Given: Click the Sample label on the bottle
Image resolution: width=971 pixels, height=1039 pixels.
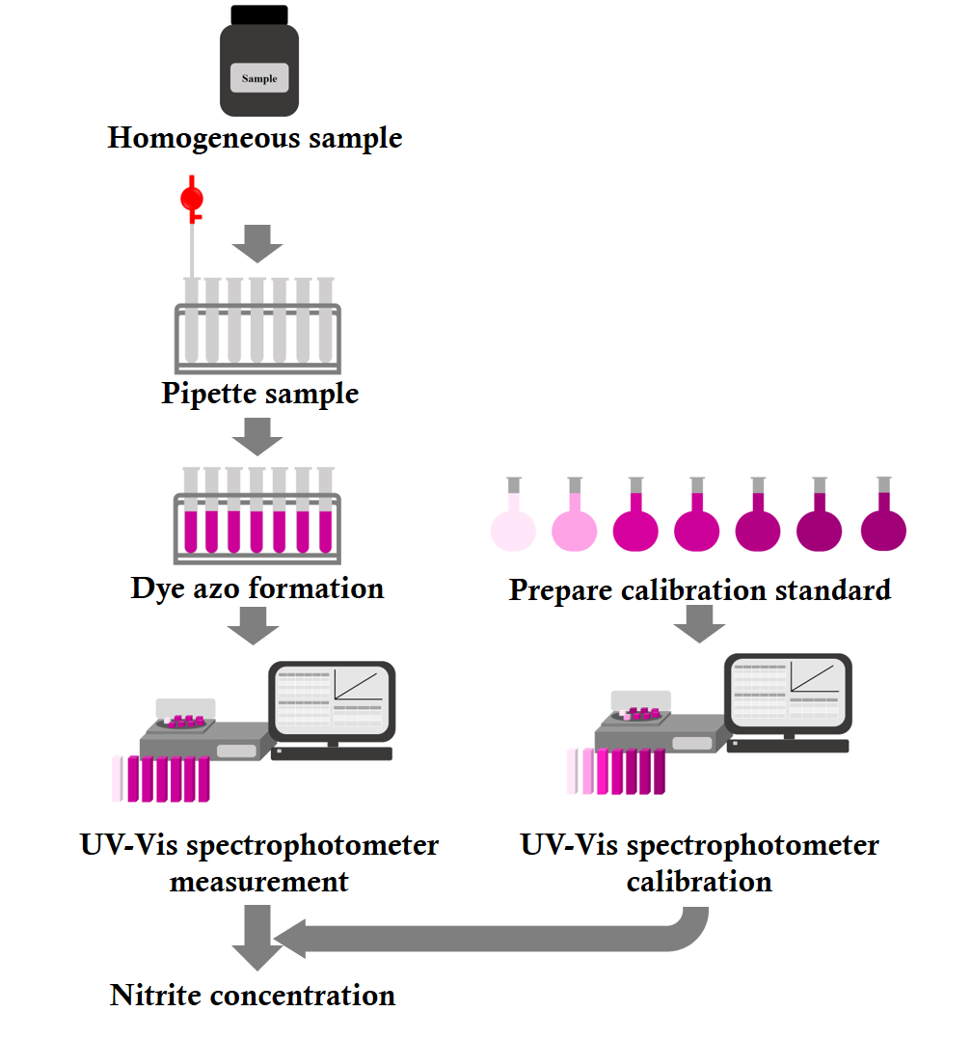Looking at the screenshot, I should tap(259, 77).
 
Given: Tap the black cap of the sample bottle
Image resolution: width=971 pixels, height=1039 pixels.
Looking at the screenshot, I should tap(258, 14).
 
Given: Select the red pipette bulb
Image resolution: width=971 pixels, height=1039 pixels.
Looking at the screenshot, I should tap(192, 199).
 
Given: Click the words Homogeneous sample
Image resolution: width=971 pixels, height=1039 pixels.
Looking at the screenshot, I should tap(255, 138).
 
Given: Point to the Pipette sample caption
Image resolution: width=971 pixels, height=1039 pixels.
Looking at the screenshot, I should tap(259, 394).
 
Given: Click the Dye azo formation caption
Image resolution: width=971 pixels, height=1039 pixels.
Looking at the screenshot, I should tap(257, 588).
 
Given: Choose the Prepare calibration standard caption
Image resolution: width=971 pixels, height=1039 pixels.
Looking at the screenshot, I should tap(699, 589).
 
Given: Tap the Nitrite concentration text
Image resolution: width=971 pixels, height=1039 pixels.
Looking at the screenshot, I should tap(253, 995).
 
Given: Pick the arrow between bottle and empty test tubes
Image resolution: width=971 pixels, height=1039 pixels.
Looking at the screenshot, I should tap(257, 243).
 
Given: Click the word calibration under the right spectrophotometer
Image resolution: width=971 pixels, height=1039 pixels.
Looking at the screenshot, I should tap(699, 881).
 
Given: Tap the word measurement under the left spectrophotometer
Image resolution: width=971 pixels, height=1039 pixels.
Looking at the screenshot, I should tap(259, 881).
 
